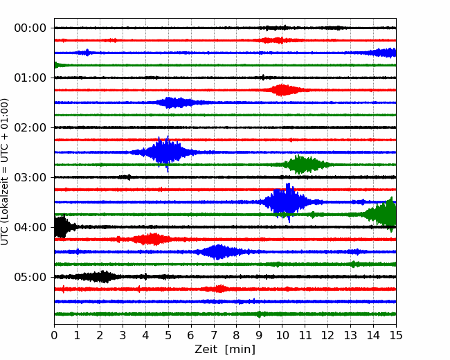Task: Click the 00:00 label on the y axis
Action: [x=30, y=28]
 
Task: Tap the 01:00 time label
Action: [x=30, y=78]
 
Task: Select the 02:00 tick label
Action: [x=30, y=127]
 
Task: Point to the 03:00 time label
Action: [x=30, y=177]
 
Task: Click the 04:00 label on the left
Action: [x=30, y=227]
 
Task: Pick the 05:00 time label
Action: [x=30, y=277]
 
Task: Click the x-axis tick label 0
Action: [x=54, y=335]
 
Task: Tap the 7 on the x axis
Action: [x=214, y=335]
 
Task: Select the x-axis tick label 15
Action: [x=396, y=335]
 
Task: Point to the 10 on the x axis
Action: [x=282, y=335]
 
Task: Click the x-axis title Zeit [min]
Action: [x=225, y=349]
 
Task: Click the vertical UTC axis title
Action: [x=5, y=172]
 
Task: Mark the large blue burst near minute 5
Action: [x=165, y=152]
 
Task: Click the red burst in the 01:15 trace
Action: [x=282, y=90]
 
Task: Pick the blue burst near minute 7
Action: [x=219, y=252]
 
